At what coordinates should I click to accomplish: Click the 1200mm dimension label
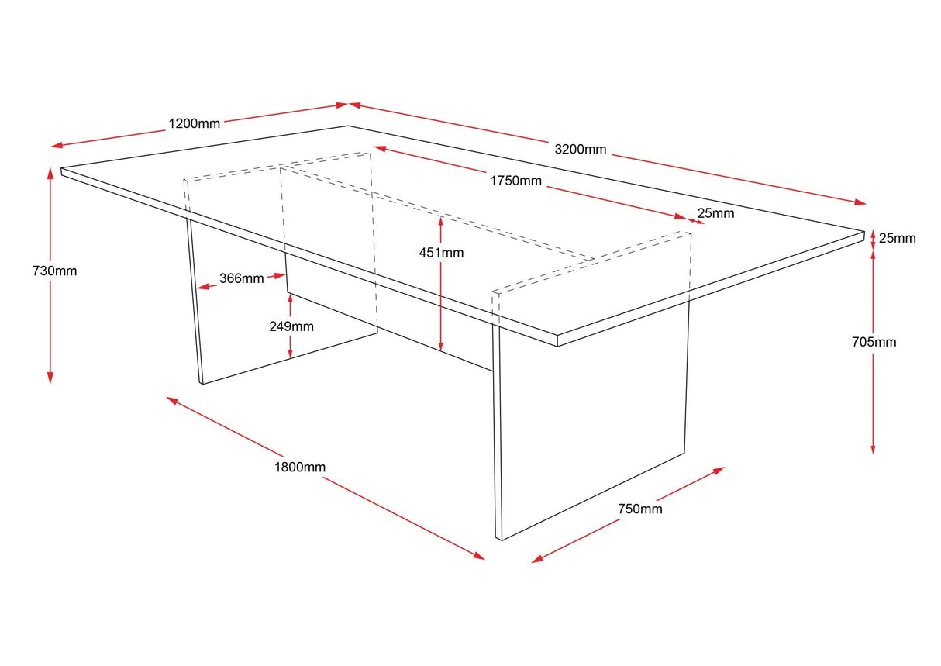[194, 123]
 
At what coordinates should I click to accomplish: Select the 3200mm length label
[580, 149]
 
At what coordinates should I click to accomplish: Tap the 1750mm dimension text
[515, 181]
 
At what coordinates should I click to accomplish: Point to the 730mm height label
[54, 271]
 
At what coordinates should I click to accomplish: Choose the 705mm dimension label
[874, 342]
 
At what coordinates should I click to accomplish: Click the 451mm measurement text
[441, 252]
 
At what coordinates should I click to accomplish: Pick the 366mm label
[241, 278]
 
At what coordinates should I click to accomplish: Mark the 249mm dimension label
[291, 326]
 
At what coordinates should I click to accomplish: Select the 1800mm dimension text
[299, 467]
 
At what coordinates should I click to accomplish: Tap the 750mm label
[640, 509]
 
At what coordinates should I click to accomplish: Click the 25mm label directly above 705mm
[899, 238]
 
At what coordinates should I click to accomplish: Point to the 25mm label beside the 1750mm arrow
[715, 212]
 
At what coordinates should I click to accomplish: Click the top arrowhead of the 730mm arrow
[50, 172]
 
